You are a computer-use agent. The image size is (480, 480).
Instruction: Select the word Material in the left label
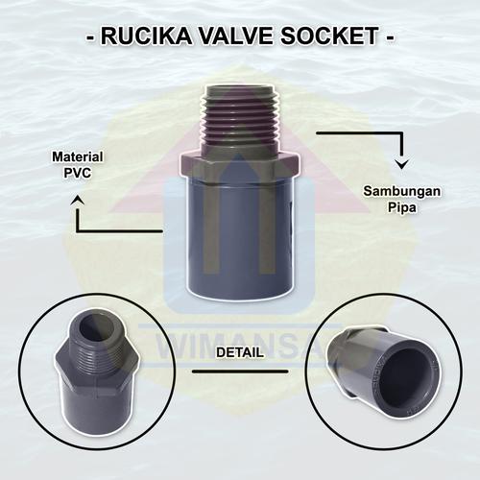(78, 156)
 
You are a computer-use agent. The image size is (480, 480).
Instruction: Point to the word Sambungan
(402, 191)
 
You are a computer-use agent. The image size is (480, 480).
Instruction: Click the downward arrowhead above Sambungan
(402, 166)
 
